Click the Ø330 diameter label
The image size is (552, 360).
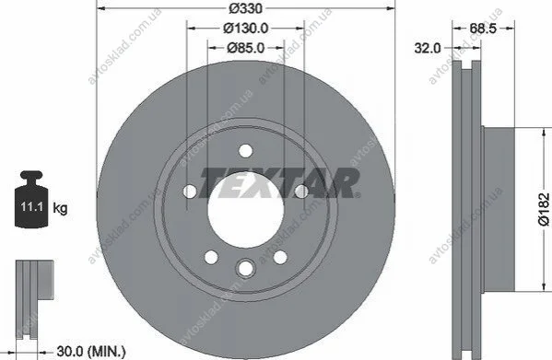coord(245,8)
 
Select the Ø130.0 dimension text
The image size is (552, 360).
coord(245,29)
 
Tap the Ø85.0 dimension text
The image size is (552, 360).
coord(245,48)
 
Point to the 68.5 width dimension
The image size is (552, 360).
coord(483,29)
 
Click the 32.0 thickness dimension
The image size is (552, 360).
coord(427,48)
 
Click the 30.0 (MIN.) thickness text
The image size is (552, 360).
coord(91,352)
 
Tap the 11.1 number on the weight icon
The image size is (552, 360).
coord(31,206)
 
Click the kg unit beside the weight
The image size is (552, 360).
coord(60,208)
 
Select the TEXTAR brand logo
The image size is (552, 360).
coord(280,183)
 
